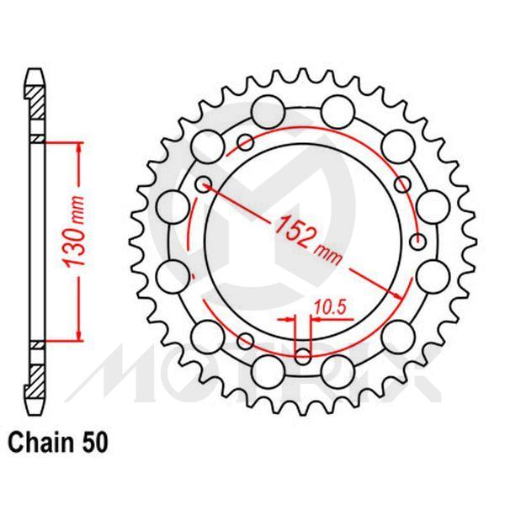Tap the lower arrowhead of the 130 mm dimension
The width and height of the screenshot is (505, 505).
pos(79,336)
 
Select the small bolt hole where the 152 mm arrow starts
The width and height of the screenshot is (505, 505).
pos(202,183)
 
